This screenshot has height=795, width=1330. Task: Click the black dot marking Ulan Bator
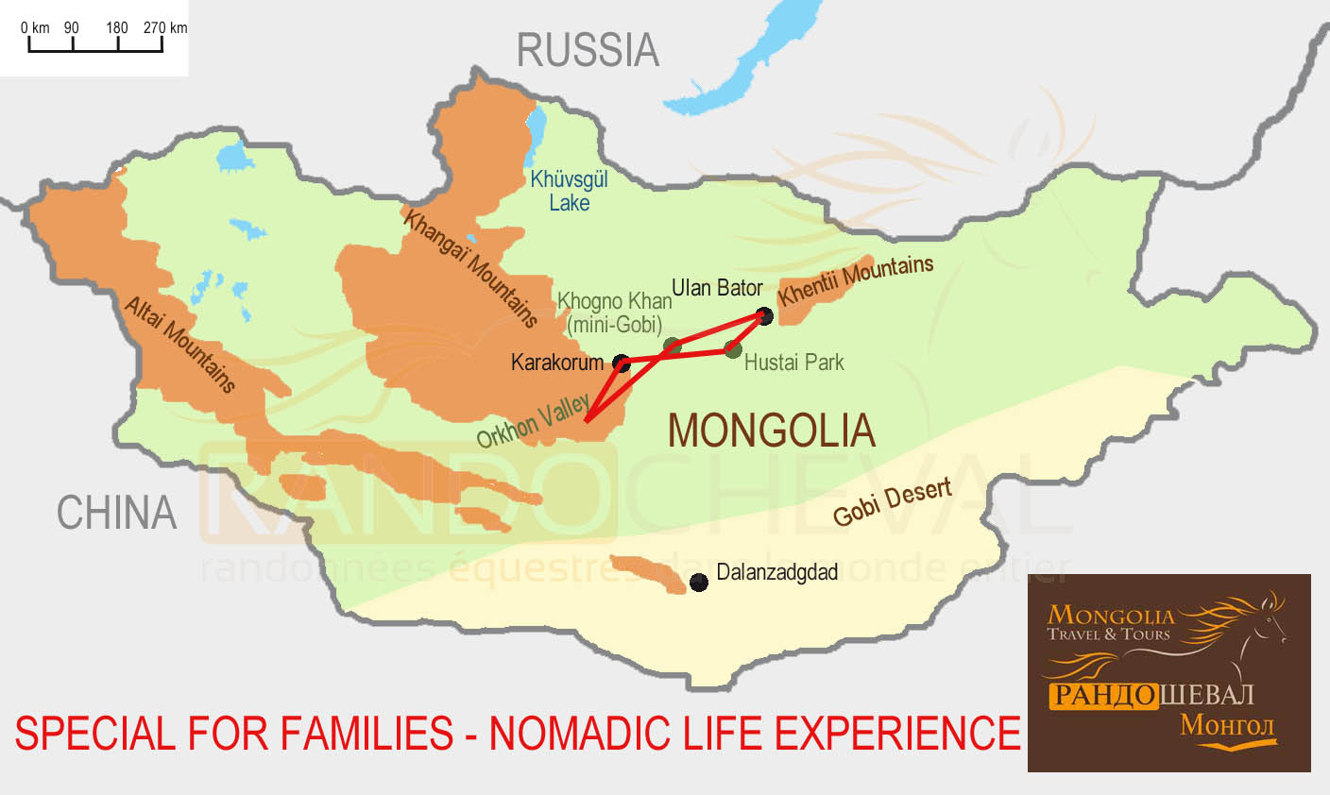click(765, 316)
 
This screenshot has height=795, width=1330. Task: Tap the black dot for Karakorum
click(622, 363)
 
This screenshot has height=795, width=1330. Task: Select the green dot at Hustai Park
click(733, 349)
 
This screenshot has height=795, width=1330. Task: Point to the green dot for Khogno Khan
click(672, 346)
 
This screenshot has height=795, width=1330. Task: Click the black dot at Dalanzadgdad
click(699, 583)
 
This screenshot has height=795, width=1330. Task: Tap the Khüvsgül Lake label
click(569, 191)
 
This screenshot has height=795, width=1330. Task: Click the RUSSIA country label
click(587, 50)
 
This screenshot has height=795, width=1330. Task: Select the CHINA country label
click(116, 513)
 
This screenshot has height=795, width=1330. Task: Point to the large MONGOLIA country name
click(771, 431)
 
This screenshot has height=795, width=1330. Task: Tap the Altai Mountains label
click(179, 345)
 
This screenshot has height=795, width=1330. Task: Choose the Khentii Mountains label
click(855, 279)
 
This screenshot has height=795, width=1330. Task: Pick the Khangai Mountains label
click(470, 268)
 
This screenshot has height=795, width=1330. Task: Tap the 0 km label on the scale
click(35, 27)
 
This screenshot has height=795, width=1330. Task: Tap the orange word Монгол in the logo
click(1227, 726)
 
